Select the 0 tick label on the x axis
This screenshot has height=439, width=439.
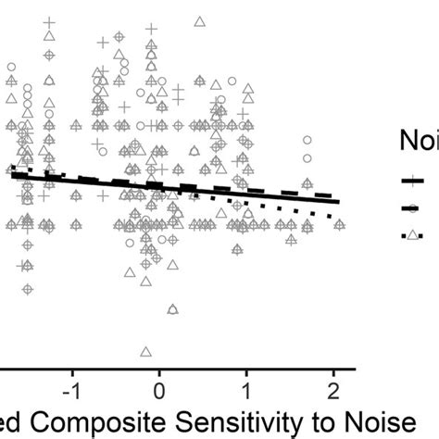point(159,383)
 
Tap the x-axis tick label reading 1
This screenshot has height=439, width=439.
point(246,383)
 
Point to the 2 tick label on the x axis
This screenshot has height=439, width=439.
point(333,383)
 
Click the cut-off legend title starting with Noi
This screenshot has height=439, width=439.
point(419,140)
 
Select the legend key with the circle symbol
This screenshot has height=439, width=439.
point(412,208)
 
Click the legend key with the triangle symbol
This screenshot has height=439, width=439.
point(412,235)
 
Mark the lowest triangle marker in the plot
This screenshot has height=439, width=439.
point(145,352)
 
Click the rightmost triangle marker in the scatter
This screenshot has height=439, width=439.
point(340,224)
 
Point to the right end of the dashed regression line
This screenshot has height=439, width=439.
point(332,196)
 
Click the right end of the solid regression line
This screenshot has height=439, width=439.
point(340,201)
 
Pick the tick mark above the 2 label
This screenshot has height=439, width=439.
point(333,370)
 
